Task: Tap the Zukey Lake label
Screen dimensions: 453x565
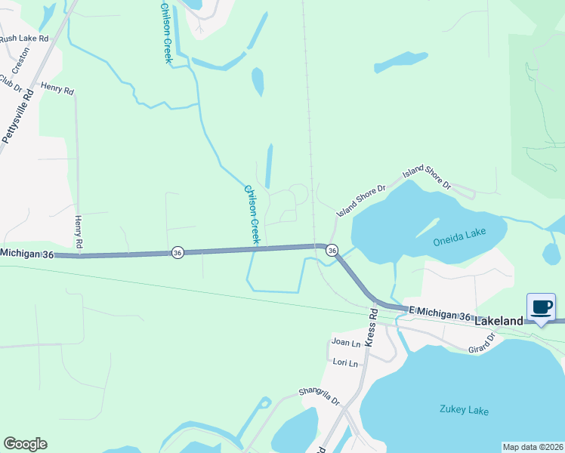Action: pyautogui.click(x=464, y=411)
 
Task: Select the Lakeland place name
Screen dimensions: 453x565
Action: pyautogui.click(x=499, y=321)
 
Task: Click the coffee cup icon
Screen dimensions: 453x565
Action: pyautogui.click(x=541, y=307)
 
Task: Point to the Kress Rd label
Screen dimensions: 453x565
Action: pyautogui.click(x=371, y=326)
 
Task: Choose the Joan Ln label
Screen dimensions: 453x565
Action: pyautogui.click(x=347, y=341)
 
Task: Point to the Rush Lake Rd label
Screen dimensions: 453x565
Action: pyautogui.click(x=23, y=38)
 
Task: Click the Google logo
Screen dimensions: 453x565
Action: pyautogui.click(x=25, y=444)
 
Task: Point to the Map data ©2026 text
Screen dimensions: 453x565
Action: pyautogui.click(x=533, y=447)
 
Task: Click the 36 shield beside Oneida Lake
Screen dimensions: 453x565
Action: pyautogui.click(x=332, y=249)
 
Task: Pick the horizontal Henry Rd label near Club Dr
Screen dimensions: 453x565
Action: pyautogui.click(x=57, y=90)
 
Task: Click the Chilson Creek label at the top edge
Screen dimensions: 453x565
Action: pyautogui.click(x=167, y=32)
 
